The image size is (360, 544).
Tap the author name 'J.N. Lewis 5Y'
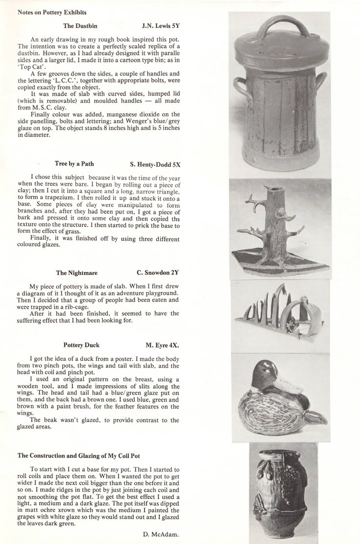point(161,25)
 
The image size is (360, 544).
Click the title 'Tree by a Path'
point(74,164)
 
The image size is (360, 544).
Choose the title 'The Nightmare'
point(76,273)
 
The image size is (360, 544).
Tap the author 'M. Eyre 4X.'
point(162,345)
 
